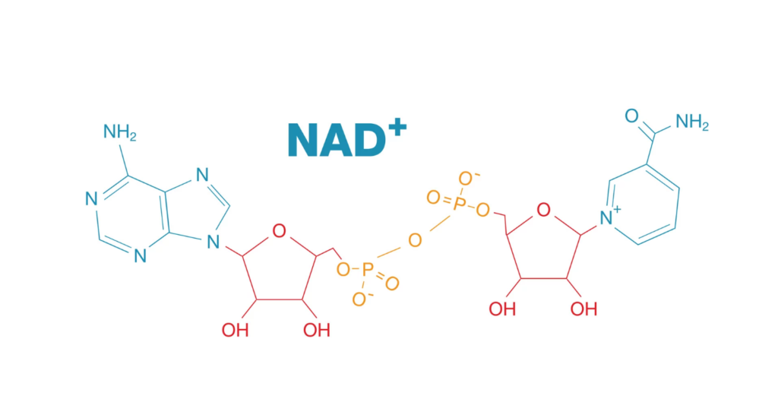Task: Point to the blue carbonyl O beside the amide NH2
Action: (x=631, y=116)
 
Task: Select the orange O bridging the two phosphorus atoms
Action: (x=414, y=240)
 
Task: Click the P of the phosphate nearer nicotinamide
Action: (x=458, y=203)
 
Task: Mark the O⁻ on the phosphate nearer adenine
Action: (x=358, y=299)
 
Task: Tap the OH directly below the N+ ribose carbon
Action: (x=583, y=309)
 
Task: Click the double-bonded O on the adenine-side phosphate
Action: (x=392, y=284)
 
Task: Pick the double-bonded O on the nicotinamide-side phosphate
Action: (x=433, y=198)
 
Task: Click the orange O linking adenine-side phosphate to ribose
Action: (x=342, y=268)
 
